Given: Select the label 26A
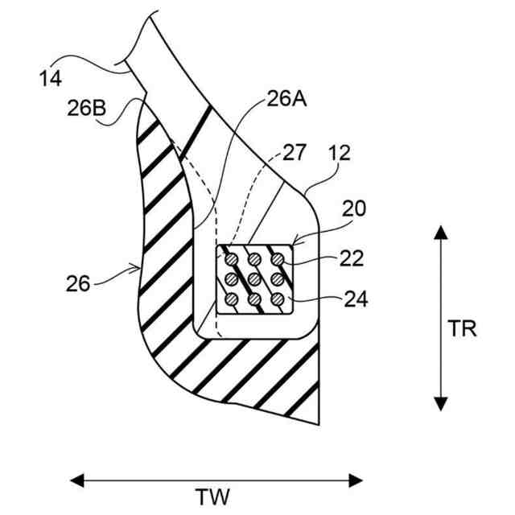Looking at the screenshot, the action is (284, 100).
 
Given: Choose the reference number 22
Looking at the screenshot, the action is (352, 258).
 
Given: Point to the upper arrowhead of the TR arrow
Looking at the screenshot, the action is (440, 233).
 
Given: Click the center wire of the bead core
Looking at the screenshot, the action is (253, 280).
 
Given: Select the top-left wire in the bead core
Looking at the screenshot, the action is (231, 259).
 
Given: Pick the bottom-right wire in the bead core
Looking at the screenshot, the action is (277, 300).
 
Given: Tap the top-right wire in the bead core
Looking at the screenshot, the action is (277, 259).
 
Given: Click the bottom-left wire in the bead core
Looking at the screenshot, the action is (231, 300).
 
